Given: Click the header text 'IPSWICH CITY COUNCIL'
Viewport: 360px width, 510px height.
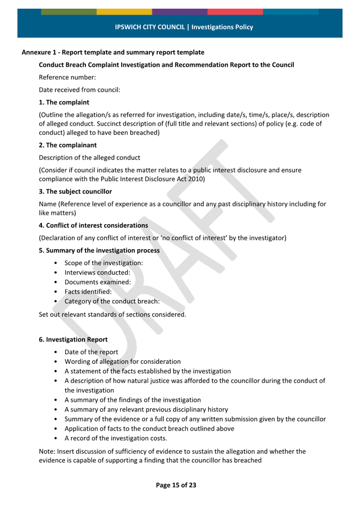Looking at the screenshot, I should (150, 27).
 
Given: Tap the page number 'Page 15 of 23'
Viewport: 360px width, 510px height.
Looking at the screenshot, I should (176, 485).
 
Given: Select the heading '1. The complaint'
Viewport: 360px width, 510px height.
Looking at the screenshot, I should (64, 103).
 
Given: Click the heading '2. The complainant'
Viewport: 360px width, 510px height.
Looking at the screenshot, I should (67, 145).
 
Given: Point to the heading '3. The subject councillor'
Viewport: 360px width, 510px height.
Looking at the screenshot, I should (76, 191).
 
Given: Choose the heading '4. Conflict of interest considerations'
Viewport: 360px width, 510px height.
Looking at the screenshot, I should (94, 225).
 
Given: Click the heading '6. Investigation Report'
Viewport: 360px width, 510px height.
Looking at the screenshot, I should (73, 340).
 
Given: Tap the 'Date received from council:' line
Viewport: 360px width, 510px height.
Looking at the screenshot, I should (79, 90).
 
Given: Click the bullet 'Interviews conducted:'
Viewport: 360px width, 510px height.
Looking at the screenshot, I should (97, 273).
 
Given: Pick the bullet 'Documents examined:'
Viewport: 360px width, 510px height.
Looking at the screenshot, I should (98, 282).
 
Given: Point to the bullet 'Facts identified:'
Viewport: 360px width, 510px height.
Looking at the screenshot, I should (88, 292).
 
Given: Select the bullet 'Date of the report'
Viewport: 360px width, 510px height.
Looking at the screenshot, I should (91, 352).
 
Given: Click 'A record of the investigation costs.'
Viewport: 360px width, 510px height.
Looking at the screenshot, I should (116, 438).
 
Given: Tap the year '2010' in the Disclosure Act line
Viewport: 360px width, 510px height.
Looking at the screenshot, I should (196, 179).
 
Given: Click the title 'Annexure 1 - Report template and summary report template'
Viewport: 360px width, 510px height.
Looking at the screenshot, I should (113, 53).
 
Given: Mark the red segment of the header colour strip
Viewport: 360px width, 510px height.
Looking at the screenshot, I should (235, 12).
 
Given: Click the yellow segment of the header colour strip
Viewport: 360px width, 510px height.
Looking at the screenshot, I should (124, 12).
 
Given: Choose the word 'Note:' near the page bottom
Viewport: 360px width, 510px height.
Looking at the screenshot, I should (47, 451).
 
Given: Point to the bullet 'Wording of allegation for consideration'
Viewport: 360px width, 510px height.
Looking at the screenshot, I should (123, 362).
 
